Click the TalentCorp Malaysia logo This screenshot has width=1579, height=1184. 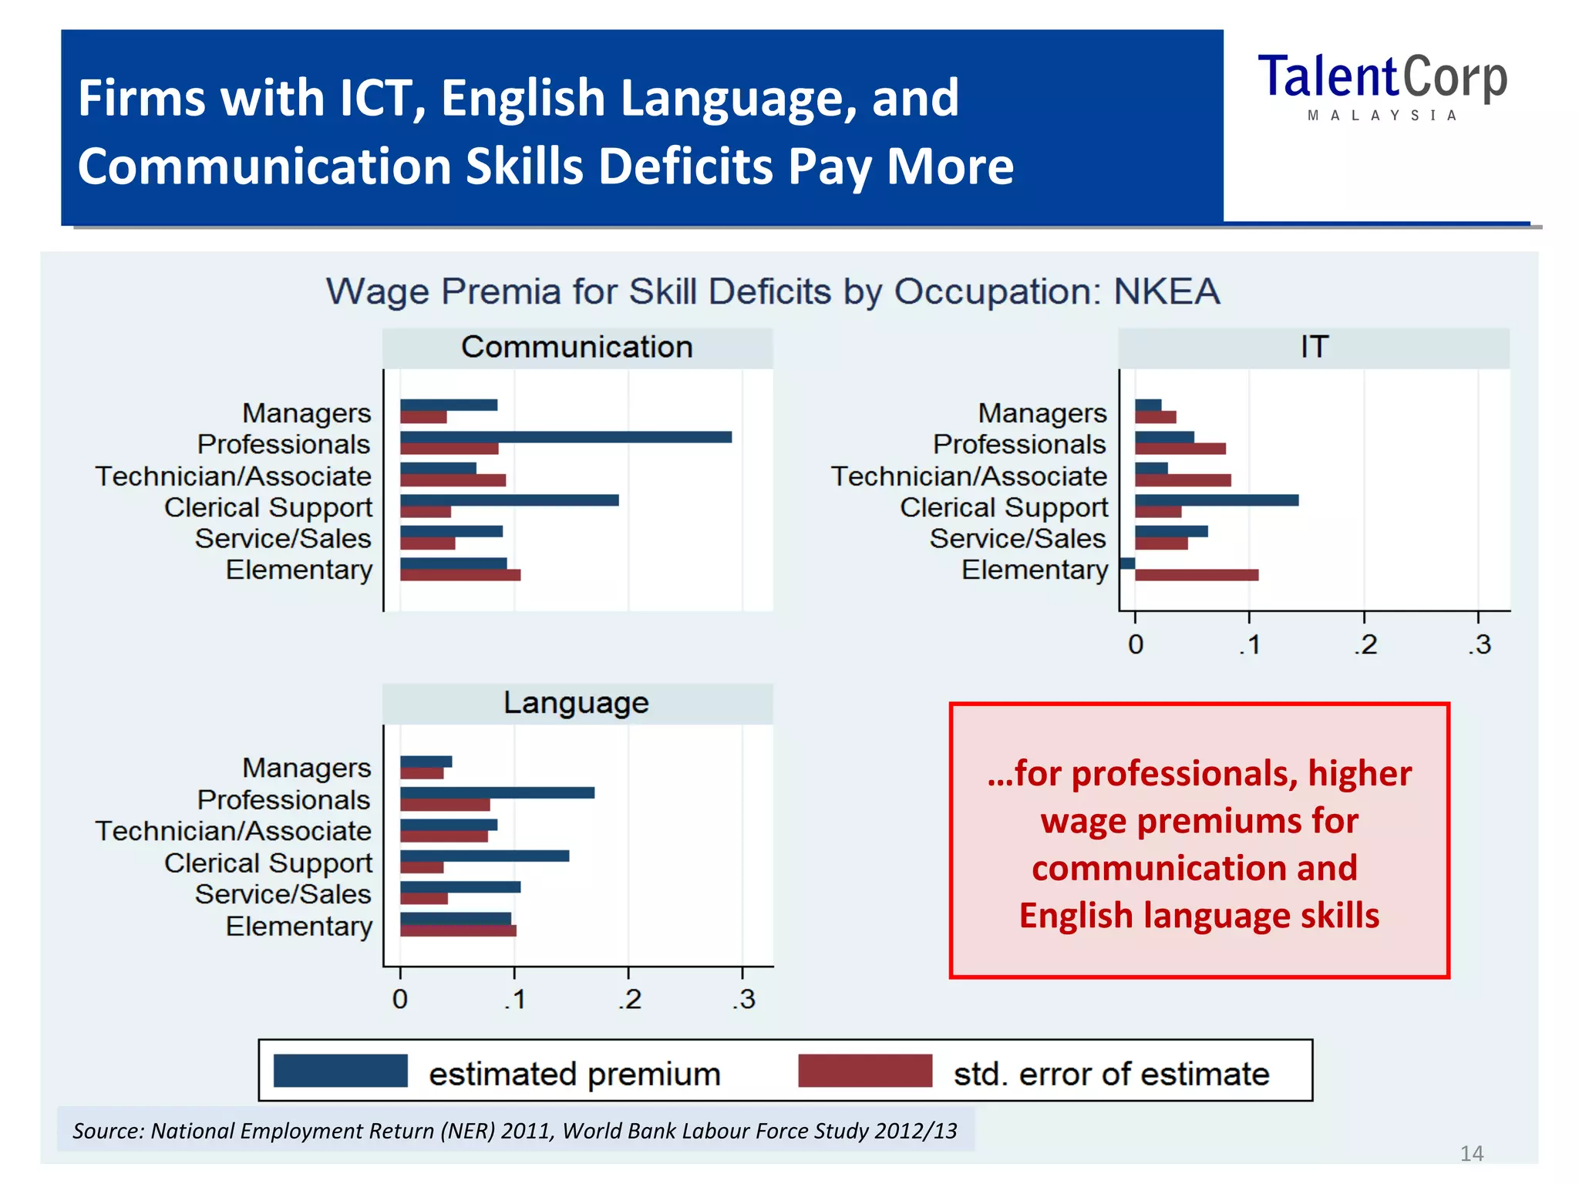pos(1382,85)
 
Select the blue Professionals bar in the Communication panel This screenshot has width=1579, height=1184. pos(565,437)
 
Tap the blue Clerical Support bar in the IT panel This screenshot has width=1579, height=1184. pos(1217,500)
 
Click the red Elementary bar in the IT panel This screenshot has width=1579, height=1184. pos(1197,575)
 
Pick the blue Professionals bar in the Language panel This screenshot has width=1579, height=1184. pos(497,792)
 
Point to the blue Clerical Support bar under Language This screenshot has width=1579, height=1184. pos(484,856)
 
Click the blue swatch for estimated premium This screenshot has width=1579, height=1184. pos(340,1071)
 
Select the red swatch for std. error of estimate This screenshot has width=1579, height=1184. pos(865,1071)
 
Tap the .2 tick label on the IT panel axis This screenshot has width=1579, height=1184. pos(1365,644)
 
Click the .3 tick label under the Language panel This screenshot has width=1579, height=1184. pos(744,1000)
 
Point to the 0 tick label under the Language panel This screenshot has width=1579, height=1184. pos(399,1000)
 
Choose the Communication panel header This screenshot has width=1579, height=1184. pos(577,348)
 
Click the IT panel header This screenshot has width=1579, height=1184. pos(1314,348)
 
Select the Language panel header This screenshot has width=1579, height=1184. pos(577,703)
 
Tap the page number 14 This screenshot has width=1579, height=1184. pos(1471,1153)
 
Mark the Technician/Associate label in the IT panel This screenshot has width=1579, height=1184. pos(968,476)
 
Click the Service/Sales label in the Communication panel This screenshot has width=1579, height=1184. pos(283,539)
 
